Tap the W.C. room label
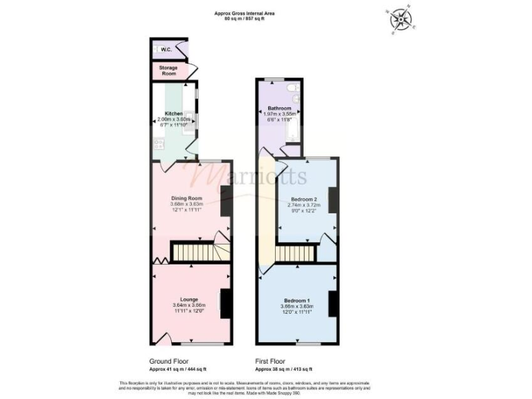[166, 50]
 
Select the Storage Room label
[169, 70]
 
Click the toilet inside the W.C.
[156, 50]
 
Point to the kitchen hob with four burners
[158, 145]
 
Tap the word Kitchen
[173, 113]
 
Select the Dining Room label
[186, 198]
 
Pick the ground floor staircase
[190, 251]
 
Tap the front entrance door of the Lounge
[163, 339]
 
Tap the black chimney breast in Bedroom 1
[333, 303]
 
